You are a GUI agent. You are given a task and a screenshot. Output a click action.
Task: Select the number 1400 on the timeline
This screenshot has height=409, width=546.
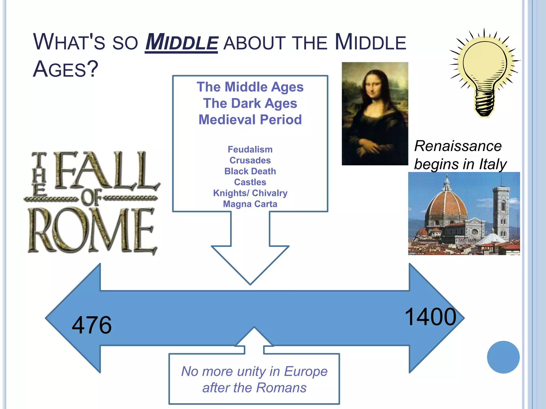(430, 317)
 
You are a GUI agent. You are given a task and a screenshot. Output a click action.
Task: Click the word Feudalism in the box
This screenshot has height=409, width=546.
(250, 149)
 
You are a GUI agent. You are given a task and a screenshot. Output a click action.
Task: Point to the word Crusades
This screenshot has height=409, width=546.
(250, 160)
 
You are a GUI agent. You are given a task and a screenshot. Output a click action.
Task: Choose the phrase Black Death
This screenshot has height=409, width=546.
(250, 171)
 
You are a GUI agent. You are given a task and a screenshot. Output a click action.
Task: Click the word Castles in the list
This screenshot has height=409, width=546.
(250, 182)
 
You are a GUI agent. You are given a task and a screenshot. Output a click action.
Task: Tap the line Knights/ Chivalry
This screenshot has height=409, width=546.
(250, 193)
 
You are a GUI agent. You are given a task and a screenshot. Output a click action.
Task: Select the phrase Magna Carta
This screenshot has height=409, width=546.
(250, 204)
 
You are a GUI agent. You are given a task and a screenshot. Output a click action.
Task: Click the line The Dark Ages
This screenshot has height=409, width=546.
(250, 103)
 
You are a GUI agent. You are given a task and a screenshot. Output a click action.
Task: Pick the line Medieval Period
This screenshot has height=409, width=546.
(250, 120)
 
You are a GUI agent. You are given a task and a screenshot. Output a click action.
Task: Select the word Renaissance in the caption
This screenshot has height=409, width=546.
(458, 146)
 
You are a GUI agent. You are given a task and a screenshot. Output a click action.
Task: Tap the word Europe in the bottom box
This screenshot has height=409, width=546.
(306, 371)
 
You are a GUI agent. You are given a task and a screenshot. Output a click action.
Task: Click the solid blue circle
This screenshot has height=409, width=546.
(503, 357)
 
